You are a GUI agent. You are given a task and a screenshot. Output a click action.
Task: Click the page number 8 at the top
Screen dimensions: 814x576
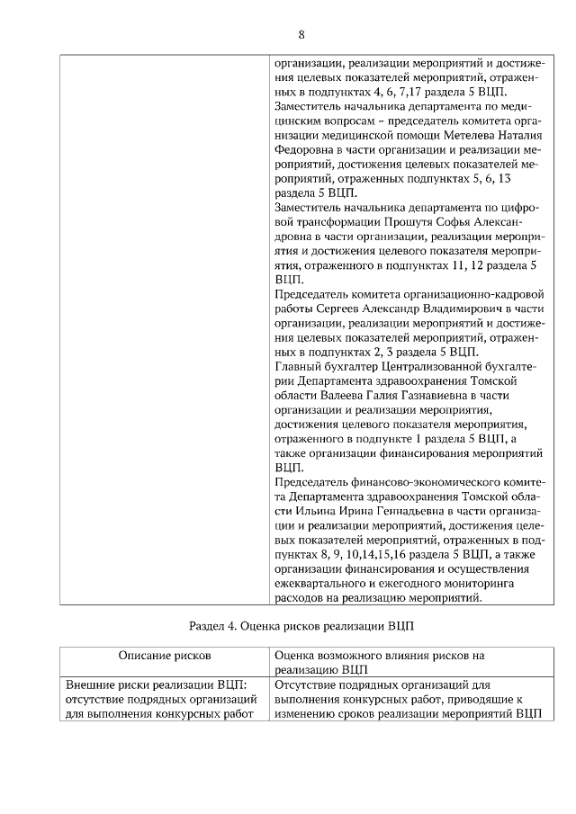(x=301, y=35)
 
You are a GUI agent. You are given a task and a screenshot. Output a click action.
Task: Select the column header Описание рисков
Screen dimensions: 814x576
(x=164, y=657)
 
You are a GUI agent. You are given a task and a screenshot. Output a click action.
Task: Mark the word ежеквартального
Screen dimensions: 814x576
(x=321, y=582)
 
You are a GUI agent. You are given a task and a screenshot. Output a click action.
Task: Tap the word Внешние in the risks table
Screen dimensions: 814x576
(x=94, y=685)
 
